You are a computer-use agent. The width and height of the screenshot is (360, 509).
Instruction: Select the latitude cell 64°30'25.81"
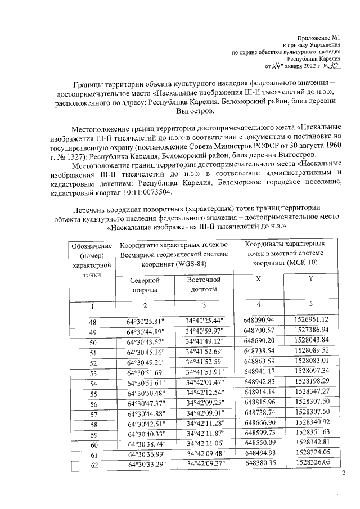click(145, 321)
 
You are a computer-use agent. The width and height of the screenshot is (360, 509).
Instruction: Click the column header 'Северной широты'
click(145, 285)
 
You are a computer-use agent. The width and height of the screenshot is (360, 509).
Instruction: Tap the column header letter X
click(258, 280)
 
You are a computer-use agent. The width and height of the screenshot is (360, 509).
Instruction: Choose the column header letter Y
click(310, 280)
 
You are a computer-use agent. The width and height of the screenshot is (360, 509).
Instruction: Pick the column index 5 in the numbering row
click(310, 304)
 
